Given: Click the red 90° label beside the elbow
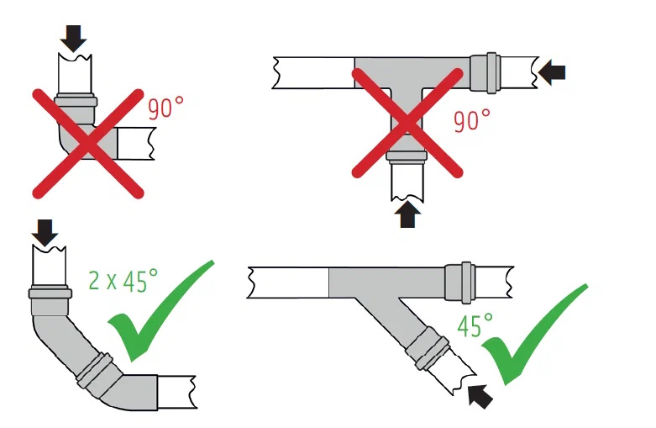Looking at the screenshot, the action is point(165,108).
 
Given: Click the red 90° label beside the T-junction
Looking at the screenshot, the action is point(472,120).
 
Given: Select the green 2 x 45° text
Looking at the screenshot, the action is point(123,280).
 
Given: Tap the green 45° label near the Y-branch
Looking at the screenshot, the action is point(475,325).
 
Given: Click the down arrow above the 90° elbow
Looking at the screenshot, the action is point(73,38).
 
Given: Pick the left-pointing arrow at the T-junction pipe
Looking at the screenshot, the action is point(551,72).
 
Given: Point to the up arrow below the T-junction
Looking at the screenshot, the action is point(407,214).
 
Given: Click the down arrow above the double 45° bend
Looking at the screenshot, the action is point(45,233).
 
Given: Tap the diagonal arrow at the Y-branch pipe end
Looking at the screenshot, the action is point(480,397).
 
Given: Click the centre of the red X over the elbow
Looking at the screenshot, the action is point(88,143).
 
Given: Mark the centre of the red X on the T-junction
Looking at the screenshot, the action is point(407,123).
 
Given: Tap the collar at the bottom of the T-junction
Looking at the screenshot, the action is point(407,157).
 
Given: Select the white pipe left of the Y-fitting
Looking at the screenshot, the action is point(288,283).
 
